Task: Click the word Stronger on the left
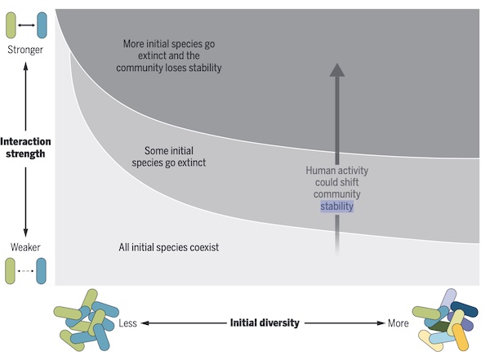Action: pyautogui.click(x=24, y=51)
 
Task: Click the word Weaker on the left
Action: pyautogui.click(x=24, y=247)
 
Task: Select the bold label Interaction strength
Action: pyautogui.click(x=26, y=147)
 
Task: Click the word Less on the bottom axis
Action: pyautogui.click(x=128, y=323)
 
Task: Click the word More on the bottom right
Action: pyautogui.click(x=398, y=323)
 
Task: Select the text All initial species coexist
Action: pyautogui.click(x=170, y=246)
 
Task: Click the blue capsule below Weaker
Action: pyautogui.click(x=42, y=270)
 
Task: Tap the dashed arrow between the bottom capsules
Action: pyautogui.click(x=26, y=270)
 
